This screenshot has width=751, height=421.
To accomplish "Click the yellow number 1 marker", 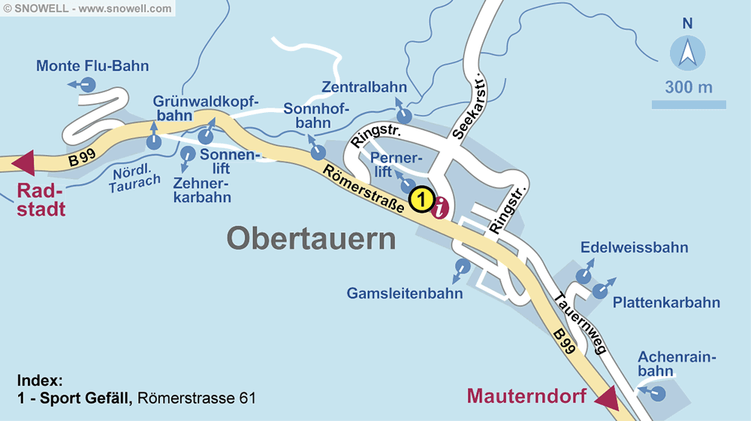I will [422, 200].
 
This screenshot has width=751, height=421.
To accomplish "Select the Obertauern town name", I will [311, 239].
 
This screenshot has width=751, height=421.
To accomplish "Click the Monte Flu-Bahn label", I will [92, 66].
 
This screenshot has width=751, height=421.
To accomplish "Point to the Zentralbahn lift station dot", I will [405, 116].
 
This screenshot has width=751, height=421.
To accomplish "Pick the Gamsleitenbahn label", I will [405, 293].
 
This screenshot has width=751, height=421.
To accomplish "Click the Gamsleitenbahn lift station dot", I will [463, 266].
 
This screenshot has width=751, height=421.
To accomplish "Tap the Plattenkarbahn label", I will [666, 303].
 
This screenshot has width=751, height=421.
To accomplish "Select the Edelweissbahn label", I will [634, 247].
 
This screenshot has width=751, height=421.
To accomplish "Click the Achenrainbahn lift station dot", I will [659, 393].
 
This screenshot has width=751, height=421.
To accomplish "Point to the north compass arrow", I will [687, 54].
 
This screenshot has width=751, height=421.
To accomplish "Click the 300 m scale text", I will [688, 87].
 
